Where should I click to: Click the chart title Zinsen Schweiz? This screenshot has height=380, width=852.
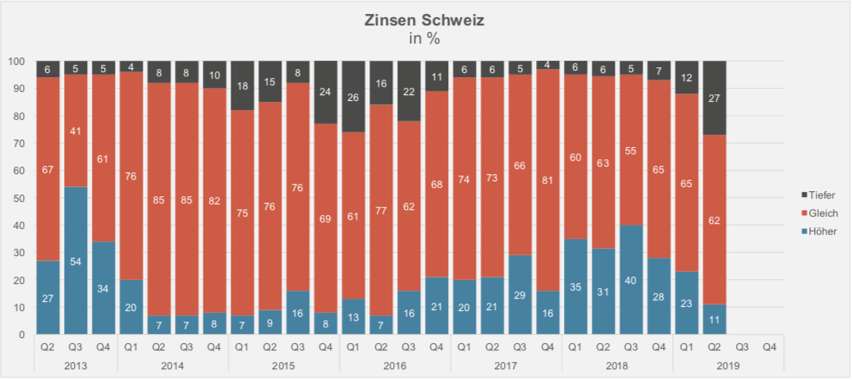(x=424, y=21)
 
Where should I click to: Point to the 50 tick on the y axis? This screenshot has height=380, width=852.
(x=16, y=198)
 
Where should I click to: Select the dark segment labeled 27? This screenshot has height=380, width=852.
(x=713, y=98)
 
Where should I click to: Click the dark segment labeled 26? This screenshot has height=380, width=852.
(x=353, y=96)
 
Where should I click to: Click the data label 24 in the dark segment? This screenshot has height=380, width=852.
(x=325, y=92)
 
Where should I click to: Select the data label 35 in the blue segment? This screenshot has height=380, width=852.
(x=575, y=287)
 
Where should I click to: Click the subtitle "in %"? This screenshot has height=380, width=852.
(x=424, y=38)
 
